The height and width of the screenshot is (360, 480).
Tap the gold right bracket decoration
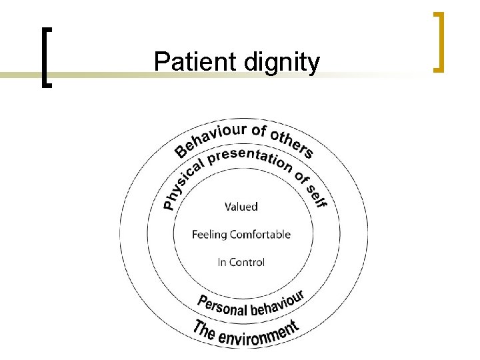tap(438, 41)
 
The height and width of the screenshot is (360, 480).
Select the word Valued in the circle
tap(241, 207)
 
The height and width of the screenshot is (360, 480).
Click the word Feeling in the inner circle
tap(209, 235)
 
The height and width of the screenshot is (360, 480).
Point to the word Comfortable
tap(261, 234)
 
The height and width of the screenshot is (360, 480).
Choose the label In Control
tap(241, 262)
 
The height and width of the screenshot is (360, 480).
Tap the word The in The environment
tap(203, 329)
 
